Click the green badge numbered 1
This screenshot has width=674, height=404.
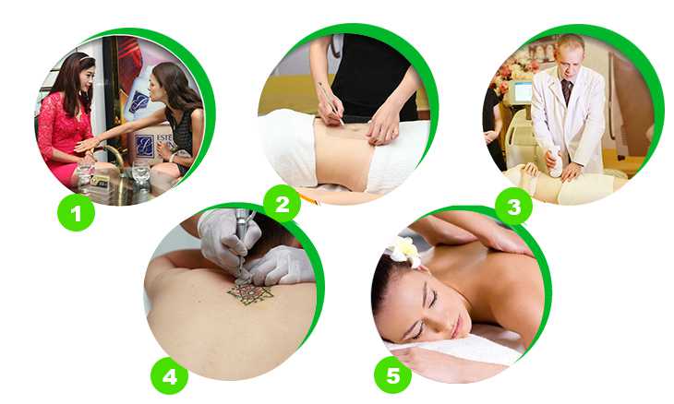[78, 214]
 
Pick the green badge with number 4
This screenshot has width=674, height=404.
[170, 376]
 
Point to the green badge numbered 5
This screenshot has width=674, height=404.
[393, 376]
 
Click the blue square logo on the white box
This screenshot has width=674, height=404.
[138, 101]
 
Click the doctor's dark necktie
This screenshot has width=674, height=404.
[568, 91]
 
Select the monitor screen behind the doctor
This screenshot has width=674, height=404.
[523, 93]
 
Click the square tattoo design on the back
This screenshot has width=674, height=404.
[250, 293]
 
